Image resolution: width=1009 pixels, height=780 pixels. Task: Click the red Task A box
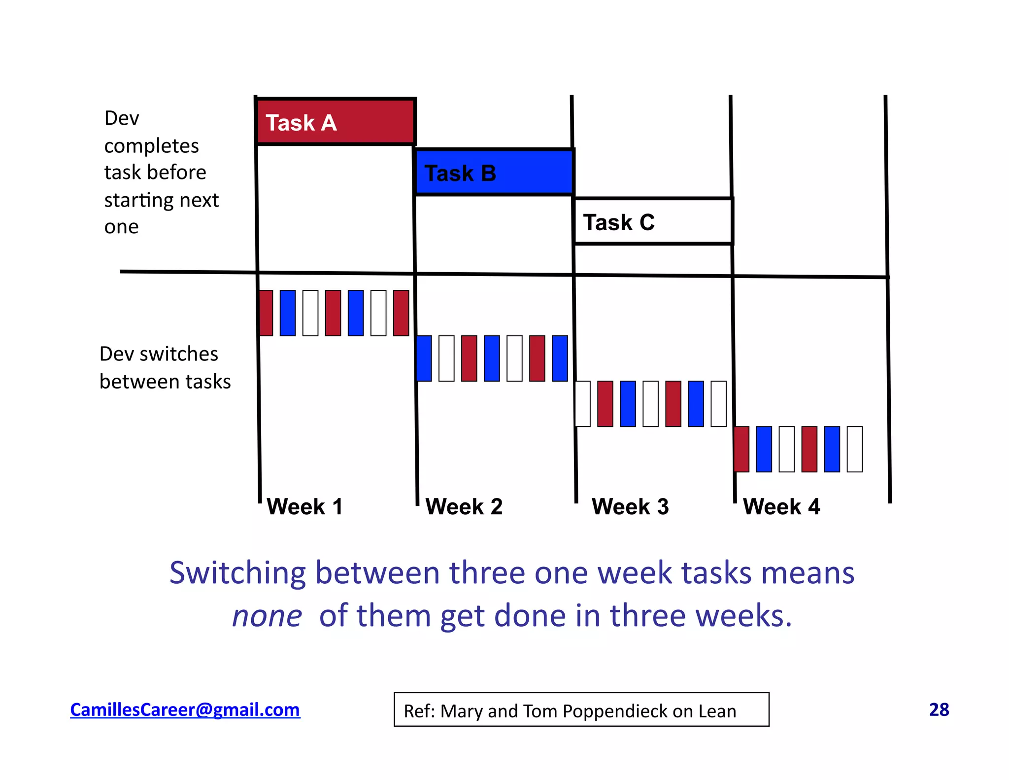pos(336,122)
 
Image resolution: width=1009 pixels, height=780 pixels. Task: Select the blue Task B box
pos(494,172)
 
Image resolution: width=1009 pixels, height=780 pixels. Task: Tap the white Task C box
pos(653,221)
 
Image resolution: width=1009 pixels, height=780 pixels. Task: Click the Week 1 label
pos(304,506)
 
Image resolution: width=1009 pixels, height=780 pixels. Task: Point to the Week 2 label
pos(464,506)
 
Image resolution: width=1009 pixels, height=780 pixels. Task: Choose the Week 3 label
pos(630,506)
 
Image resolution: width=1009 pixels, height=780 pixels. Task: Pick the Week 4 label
pos(781,506)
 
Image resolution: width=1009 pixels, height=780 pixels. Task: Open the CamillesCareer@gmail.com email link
pos(185,709)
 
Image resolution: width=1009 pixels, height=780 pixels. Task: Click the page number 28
pos(939,709)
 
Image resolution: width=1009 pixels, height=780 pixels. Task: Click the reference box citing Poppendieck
pos(581,709)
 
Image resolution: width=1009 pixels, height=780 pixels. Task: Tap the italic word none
pos(267,616)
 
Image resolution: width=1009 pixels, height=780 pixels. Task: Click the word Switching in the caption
pos(237,573)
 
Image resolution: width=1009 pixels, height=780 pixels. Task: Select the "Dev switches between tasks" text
pos(165,368)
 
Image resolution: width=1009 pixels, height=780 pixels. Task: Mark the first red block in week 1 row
pos(266,313)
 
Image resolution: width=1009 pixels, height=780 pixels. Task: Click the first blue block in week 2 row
pos(424,358)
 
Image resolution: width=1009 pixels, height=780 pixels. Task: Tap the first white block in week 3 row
pos(582,404)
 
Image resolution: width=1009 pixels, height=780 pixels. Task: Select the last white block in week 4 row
pos(855,449)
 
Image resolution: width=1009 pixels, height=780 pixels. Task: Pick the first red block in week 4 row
pos(741,449)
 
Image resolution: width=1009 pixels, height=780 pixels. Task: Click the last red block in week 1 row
pos(401,313)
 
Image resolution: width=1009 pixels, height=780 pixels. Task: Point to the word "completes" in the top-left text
pos(151,146)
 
